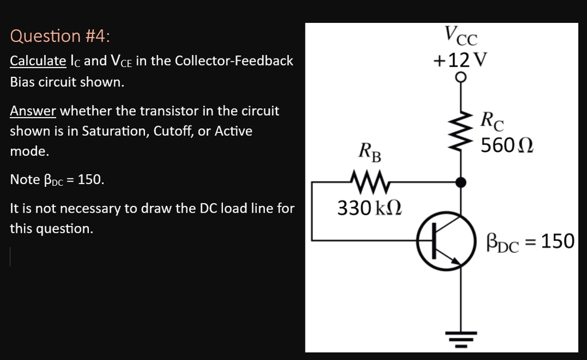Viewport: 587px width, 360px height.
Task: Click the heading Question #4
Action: coord(60,36)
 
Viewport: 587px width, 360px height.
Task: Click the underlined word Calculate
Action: coord(38,61)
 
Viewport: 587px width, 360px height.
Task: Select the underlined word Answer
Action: coord(33,111)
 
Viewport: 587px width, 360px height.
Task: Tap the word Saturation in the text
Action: coord(115,131)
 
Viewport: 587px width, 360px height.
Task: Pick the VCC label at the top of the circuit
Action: coord(460,36)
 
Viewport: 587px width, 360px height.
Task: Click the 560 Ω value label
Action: coord(507,146)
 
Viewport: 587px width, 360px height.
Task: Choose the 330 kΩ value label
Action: coord(369,208)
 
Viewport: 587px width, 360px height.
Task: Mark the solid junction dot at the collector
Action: coord(460,182)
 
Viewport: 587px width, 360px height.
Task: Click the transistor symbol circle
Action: coord(446,241)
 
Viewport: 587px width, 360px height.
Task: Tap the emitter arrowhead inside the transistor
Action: coord(456,261)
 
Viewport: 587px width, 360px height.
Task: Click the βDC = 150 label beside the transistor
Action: coord(530,242)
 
